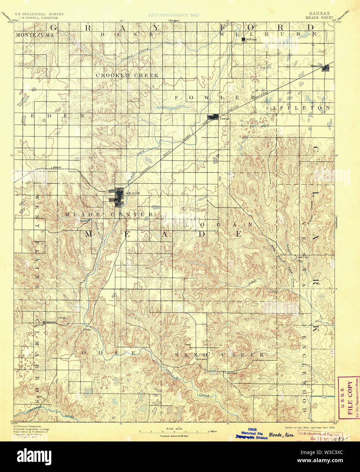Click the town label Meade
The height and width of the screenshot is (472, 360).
point(133,193)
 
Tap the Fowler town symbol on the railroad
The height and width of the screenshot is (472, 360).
point(213,117)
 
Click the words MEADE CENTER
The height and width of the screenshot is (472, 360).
point(109,215)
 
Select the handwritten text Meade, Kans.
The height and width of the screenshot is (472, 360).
point(282,435)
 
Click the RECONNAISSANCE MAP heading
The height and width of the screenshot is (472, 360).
point(174,15)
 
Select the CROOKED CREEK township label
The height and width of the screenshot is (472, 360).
point(127,75)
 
